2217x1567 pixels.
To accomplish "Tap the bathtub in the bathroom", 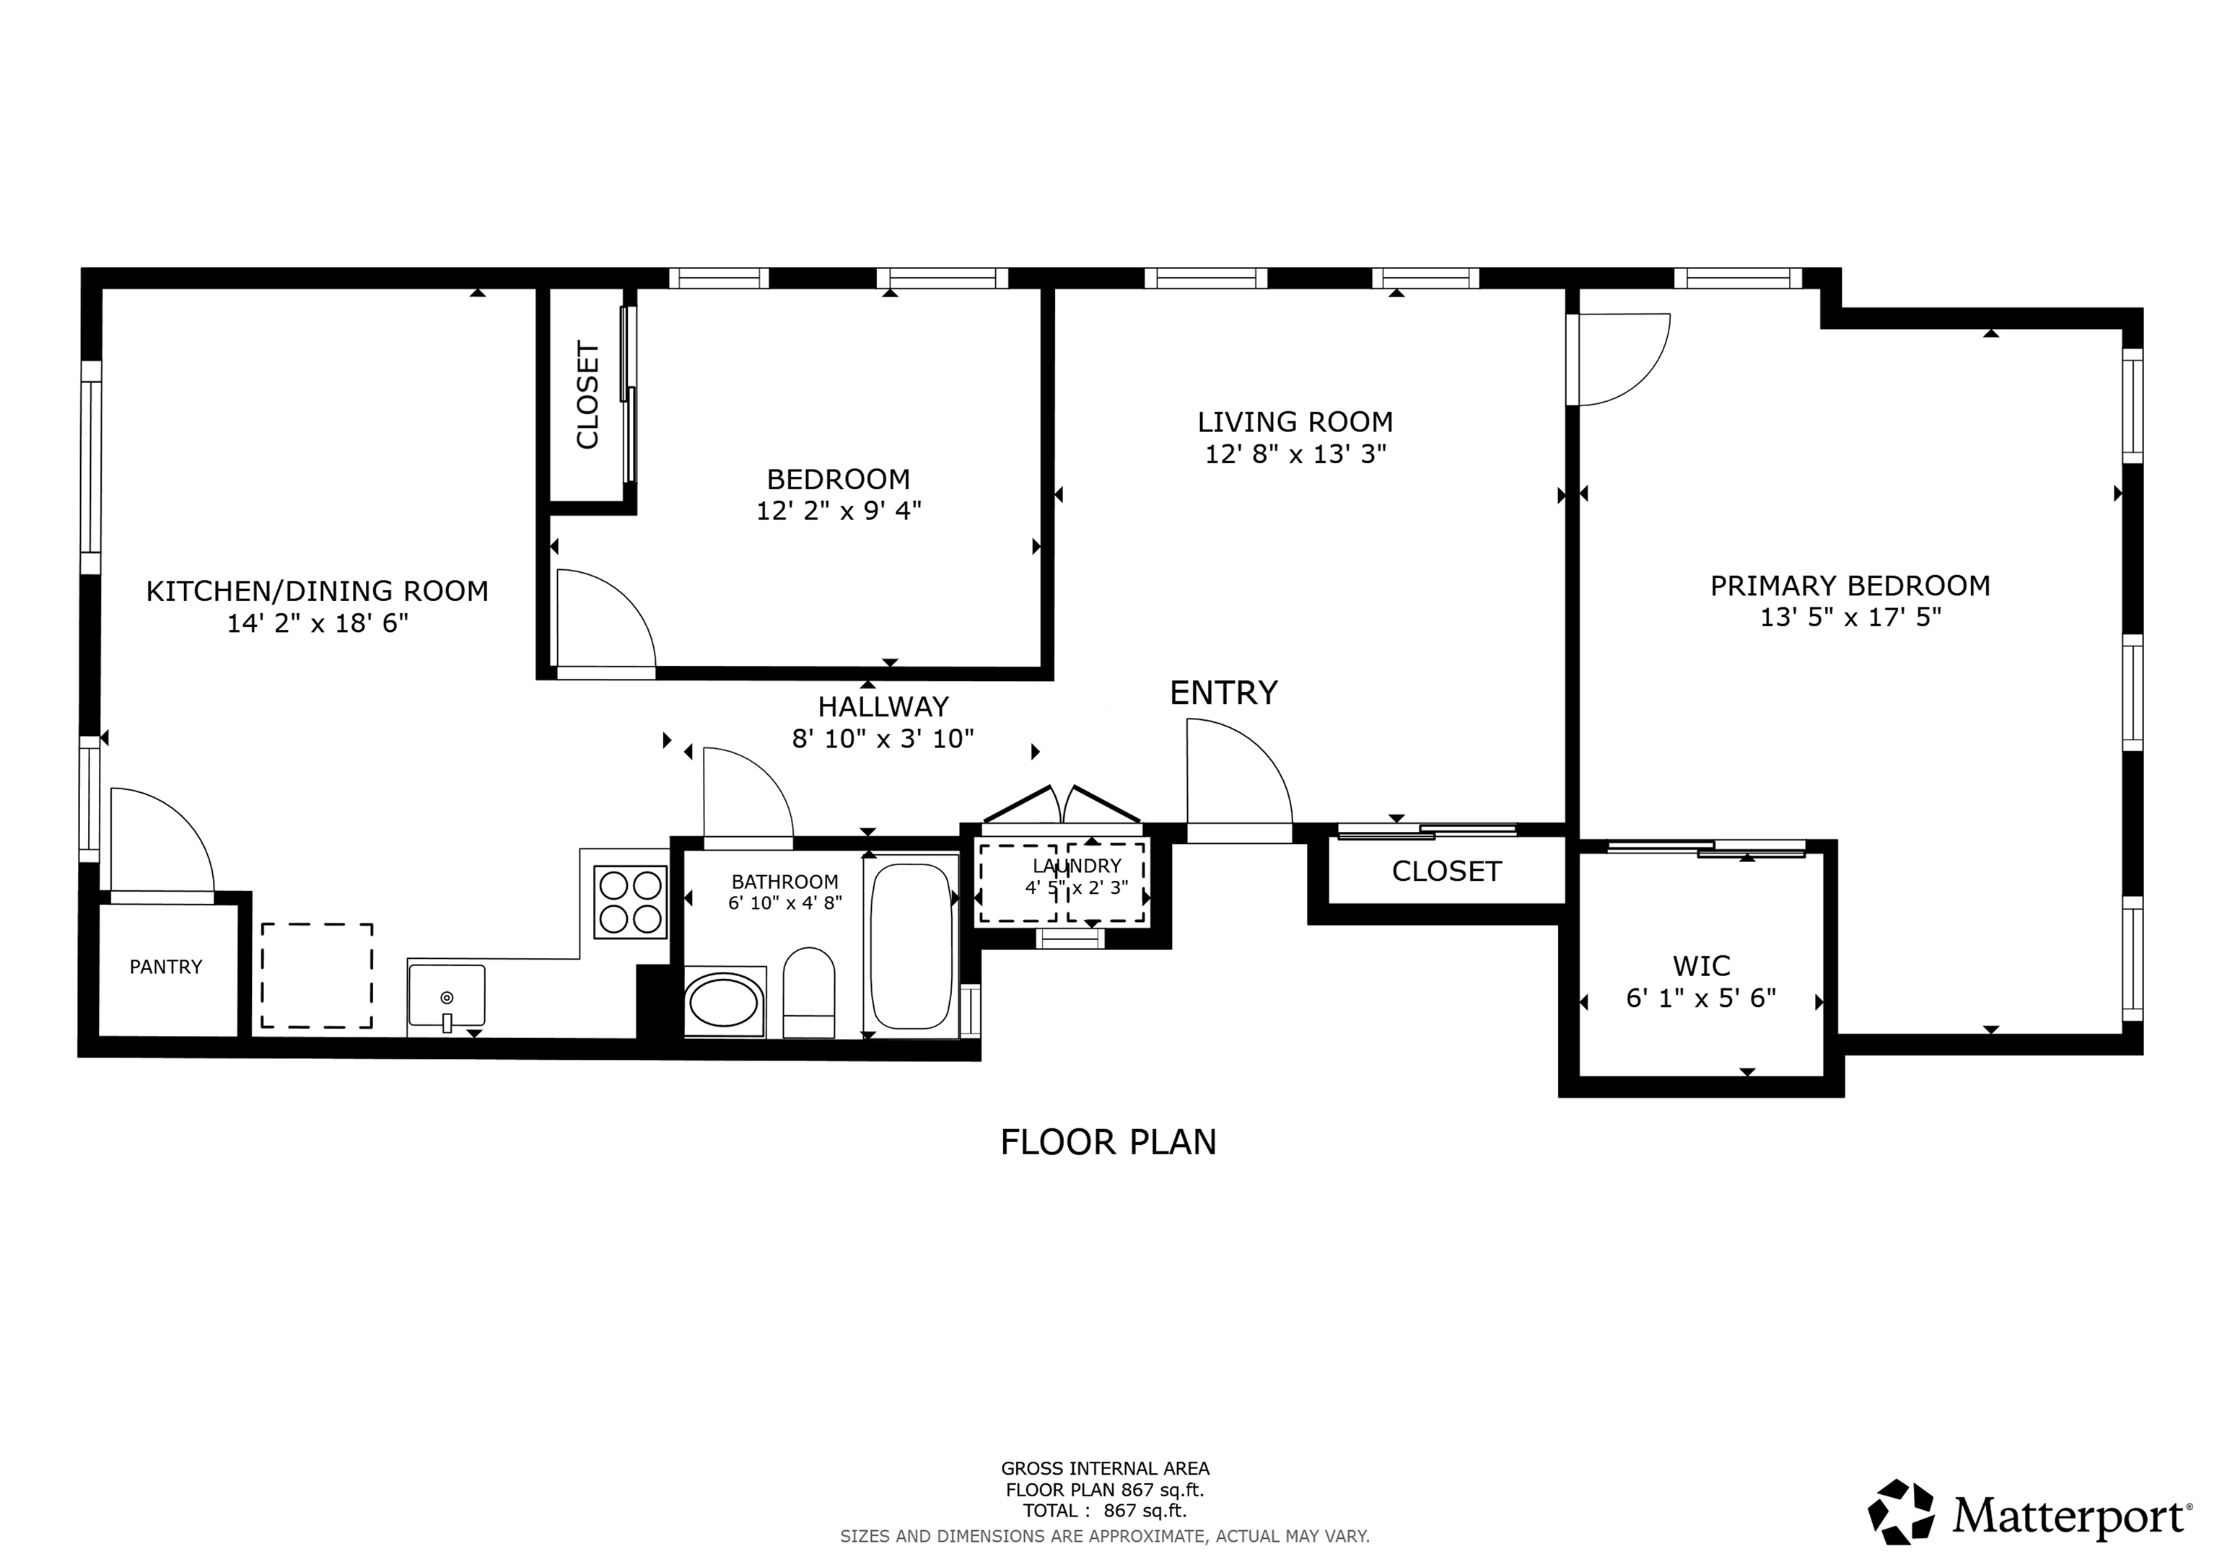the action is pos(911,946).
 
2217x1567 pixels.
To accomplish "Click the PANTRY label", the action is pos(166,967).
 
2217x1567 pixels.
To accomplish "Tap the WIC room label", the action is pos(1702,965).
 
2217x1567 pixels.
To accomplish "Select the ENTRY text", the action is pos(1223,693).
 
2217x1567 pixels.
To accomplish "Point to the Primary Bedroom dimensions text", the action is pos(1850,617).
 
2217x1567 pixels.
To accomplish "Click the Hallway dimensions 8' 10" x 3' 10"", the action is pos(883,739).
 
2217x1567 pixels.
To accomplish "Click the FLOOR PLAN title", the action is pos(1108,1142).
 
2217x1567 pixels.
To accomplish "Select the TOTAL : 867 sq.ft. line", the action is pos(1105,1511).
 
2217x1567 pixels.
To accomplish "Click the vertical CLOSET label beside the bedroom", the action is pos(588,395).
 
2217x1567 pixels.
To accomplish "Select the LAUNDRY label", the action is pos(1077,866).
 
